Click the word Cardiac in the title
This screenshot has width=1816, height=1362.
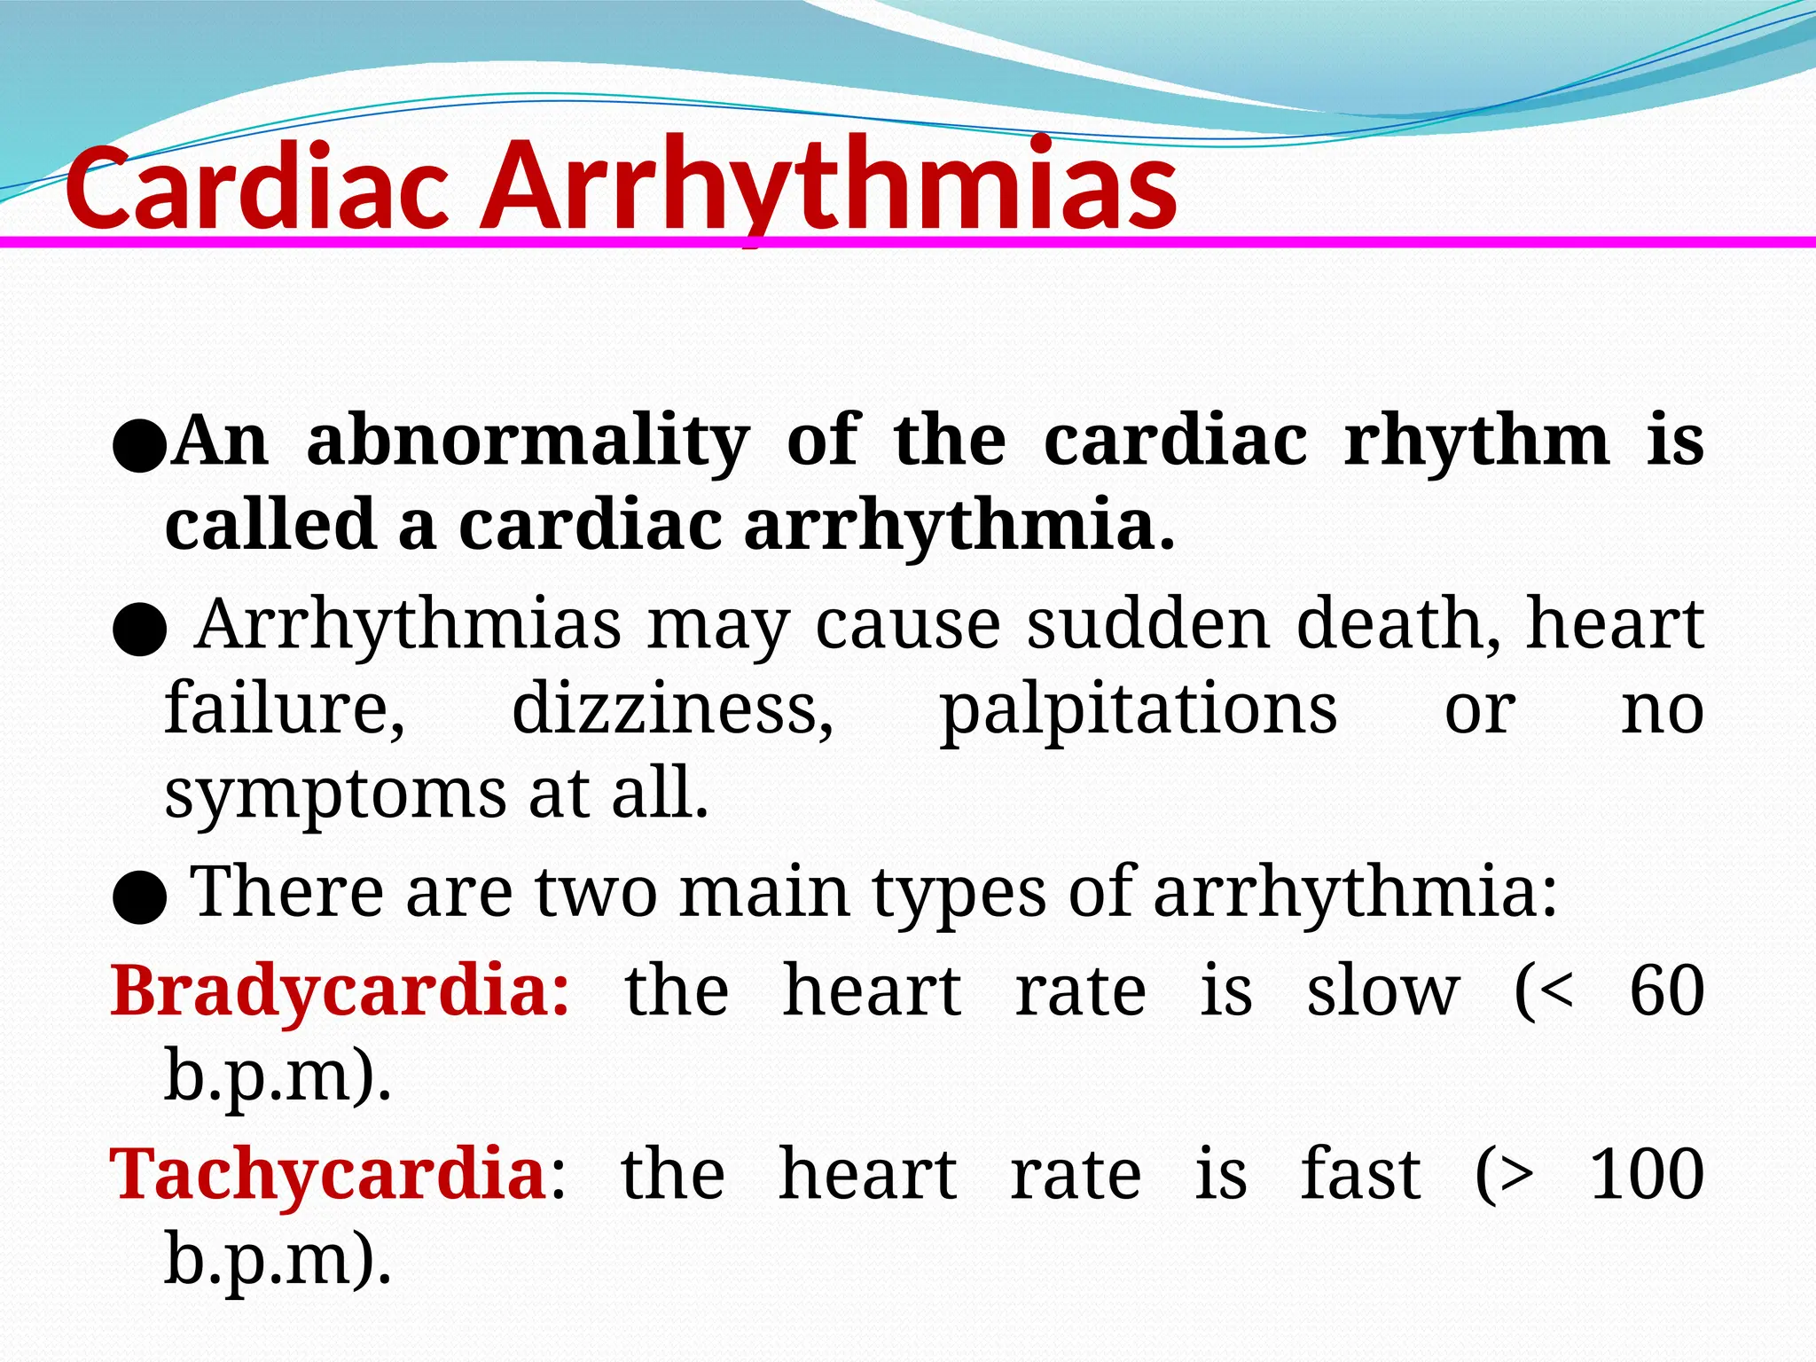pyautogui.click(x=257, y=188)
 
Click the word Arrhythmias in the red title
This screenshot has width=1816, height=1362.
pyautogui.click(x=829, y=188)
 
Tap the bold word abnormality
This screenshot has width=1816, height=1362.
pyautogui.click(x=528, y=441)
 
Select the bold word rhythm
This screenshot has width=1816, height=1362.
pyautogui.click(x=1476, y=441)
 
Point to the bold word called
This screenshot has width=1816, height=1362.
pyautogui.click(x=270, y=524)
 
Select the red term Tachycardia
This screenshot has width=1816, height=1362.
pyautogui.click(x=328, y=1174)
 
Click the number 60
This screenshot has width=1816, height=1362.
pyautogui.click(x=1667, y=990)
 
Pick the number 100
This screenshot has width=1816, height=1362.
pyautogui.click(x=1648, y=1174)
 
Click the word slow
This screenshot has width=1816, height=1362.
pyautogui.click(x=1382, y=990)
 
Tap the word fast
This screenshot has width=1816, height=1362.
pyautogui.click(x=1360, y=1174)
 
